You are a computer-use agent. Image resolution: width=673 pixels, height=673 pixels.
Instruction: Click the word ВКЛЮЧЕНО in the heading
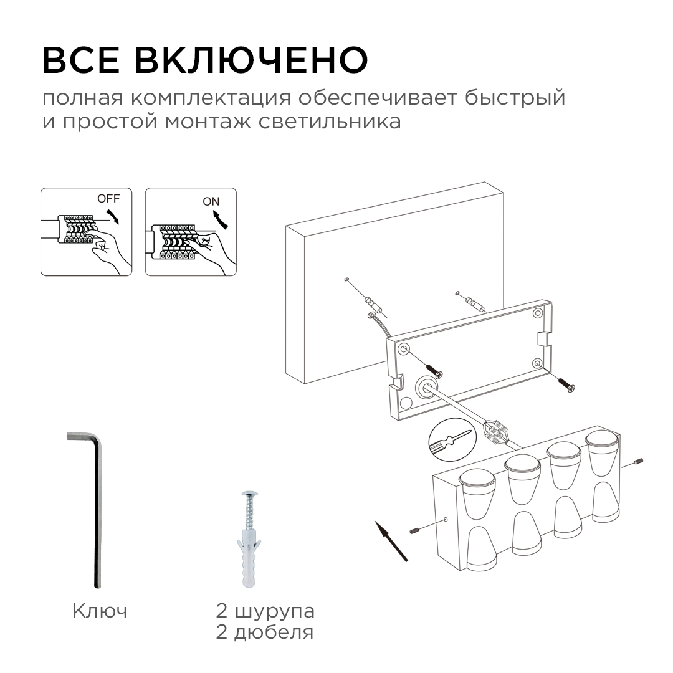[x=252, y=60]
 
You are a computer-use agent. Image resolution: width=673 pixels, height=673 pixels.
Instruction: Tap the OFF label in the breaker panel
[x=107, y=199]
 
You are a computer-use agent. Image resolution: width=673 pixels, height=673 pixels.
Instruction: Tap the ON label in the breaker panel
[x=211, y=201]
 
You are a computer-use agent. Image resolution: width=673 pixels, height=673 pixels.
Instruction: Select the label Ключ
[x=100, y=611]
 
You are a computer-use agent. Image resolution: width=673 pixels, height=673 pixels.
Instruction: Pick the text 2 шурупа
[x=265, y=611]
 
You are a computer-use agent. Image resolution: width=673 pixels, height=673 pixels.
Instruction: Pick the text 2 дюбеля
[x=265, y=633]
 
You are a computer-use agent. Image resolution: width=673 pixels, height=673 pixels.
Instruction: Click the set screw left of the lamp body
[x=414, y=530]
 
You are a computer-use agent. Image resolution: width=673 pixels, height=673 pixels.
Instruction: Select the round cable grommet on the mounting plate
[x=427, y=386]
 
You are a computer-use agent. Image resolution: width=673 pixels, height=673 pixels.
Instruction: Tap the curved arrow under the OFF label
[x=114, y=216]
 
